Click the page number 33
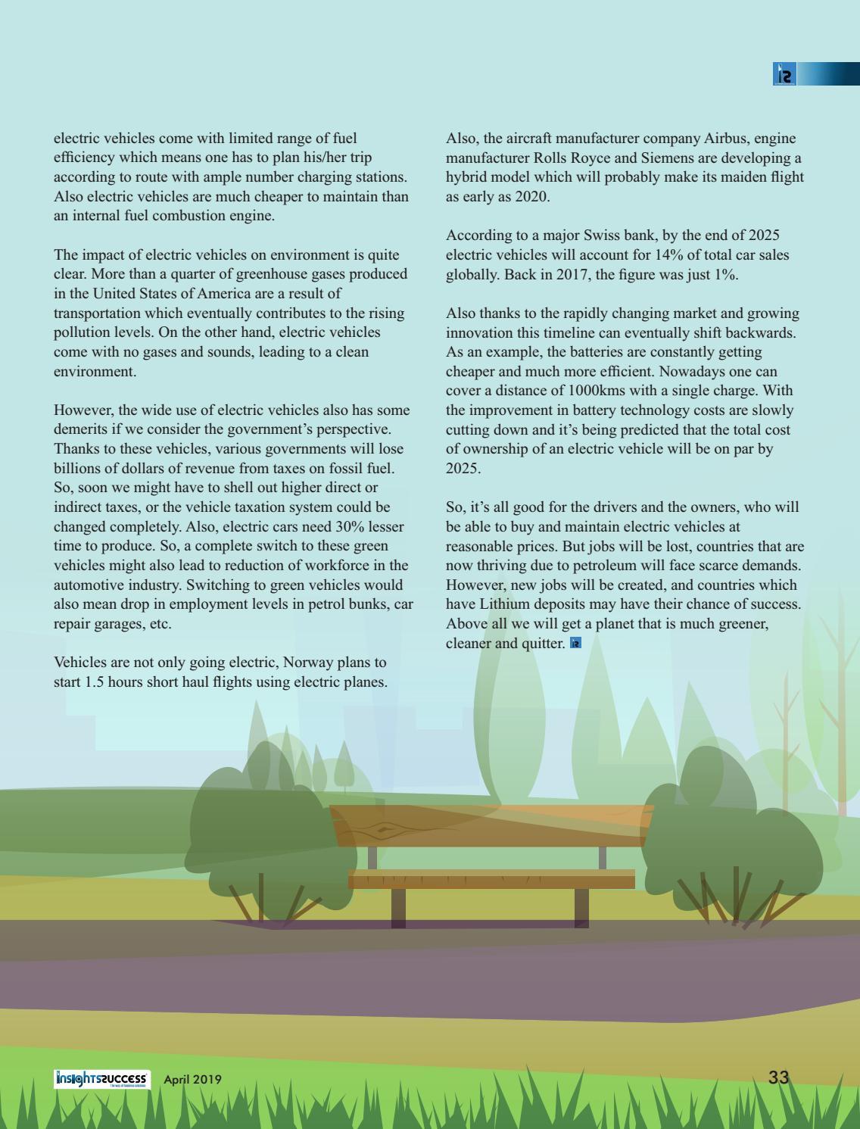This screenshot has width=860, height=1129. (778, 1077)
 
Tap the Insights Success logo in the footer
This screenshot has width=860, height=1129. (102, 1079)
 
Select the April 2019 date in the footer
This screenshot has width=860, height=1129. (193, 1079)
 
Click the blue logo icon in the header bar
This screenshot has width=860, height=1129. (785, 74)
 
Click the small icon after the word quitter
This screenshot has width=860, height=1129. (575, 643)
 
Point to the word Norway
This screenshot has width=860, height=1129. (308, 663)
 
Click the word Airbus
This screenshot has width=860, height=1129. (727, 139)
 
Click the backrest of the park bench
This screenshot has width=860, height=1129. (491, 825)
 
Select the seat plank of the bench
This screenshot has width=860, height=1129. (491, 880)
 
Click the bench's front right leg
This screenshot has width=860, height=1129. (581, 906)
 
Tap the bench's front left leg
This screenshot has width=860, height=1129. (398, 906)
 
